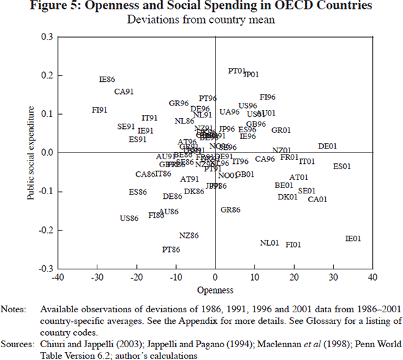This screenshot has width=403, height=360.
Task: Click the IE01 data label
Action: [x=353, y=238]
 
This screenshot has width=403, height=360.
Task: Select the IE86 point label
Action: [x=107, y=80]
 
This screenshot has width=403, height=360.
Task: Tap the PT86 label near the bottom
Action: [x=171, y=249]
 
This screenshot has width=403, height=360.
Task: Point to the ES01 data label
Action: [x=342, y=166]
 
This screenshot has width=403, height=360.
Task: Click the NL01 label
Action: [x=269, y=242]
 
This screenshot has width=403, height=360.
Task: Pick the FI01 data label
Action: [x=294, y=244]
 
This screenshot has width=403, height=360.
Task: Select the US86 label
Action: [x=129, y=218]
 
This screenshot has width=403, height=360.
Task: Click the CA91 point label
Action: [x=124, y=92]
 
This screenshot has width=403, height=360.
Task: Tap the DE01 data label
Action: [x=327, y=146]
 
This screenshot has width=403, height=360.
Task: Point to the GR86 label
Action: [x=230, y=210]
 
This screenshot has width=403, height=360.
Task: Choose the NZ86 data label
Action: [x=189, y=236]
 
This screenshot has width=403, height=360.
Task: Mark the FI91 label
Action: [x=100, y=110]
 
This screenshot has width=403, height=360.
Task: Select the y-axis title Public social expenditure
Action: [x=31, y=152]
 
